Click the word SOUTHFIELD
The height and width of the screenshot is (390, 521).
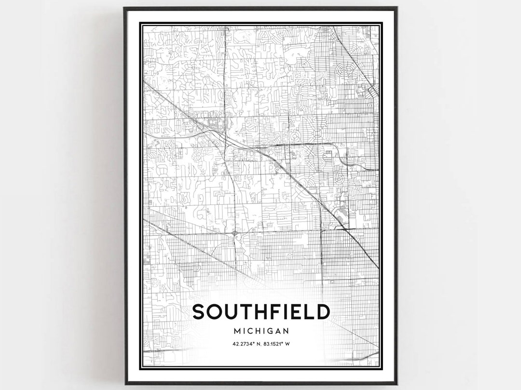pos(261,312)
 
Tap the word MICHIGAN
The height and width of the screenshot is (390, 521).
pos(261,331)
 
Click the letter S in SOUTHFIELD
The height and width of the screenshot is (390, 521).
pos(199,312)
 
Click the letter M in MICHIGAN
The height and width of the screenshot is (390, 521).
pos(236,331)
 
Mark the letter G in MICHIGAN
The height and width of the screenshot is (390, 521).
pos(269,331)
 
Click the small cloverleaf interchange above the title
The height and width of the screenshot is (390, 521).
pos(234,234)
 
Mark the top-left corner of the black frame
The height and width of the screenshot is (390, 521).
pos(125,8)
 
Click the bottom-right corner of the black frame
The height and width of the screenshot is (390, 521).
pos(397,384)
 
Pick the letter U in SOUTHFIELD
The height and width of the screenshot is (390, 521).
pos(230,312)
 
